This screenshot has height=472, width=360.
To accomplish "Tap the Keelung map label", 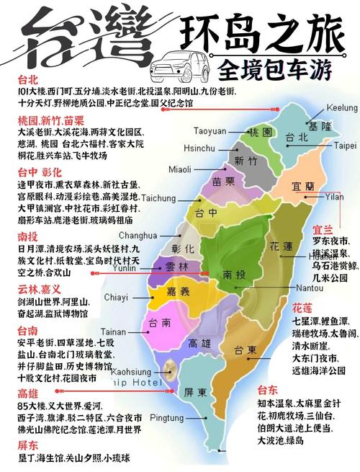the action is (342, 107).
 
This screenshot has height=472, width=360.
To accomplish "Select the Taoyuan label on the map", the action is (210, 130).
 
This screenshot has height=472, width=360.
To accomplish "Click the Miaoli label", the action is (180, 169).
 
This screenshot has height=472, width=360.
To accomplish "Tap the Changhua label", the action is (138, 235).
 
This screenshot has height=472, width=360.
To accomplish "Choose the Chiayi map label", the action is (116, 296).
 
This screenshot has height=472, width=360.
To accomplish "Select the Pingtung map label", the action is (167, 417).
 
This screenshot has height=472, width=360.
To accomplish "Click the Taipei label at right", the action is (345, 145).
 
